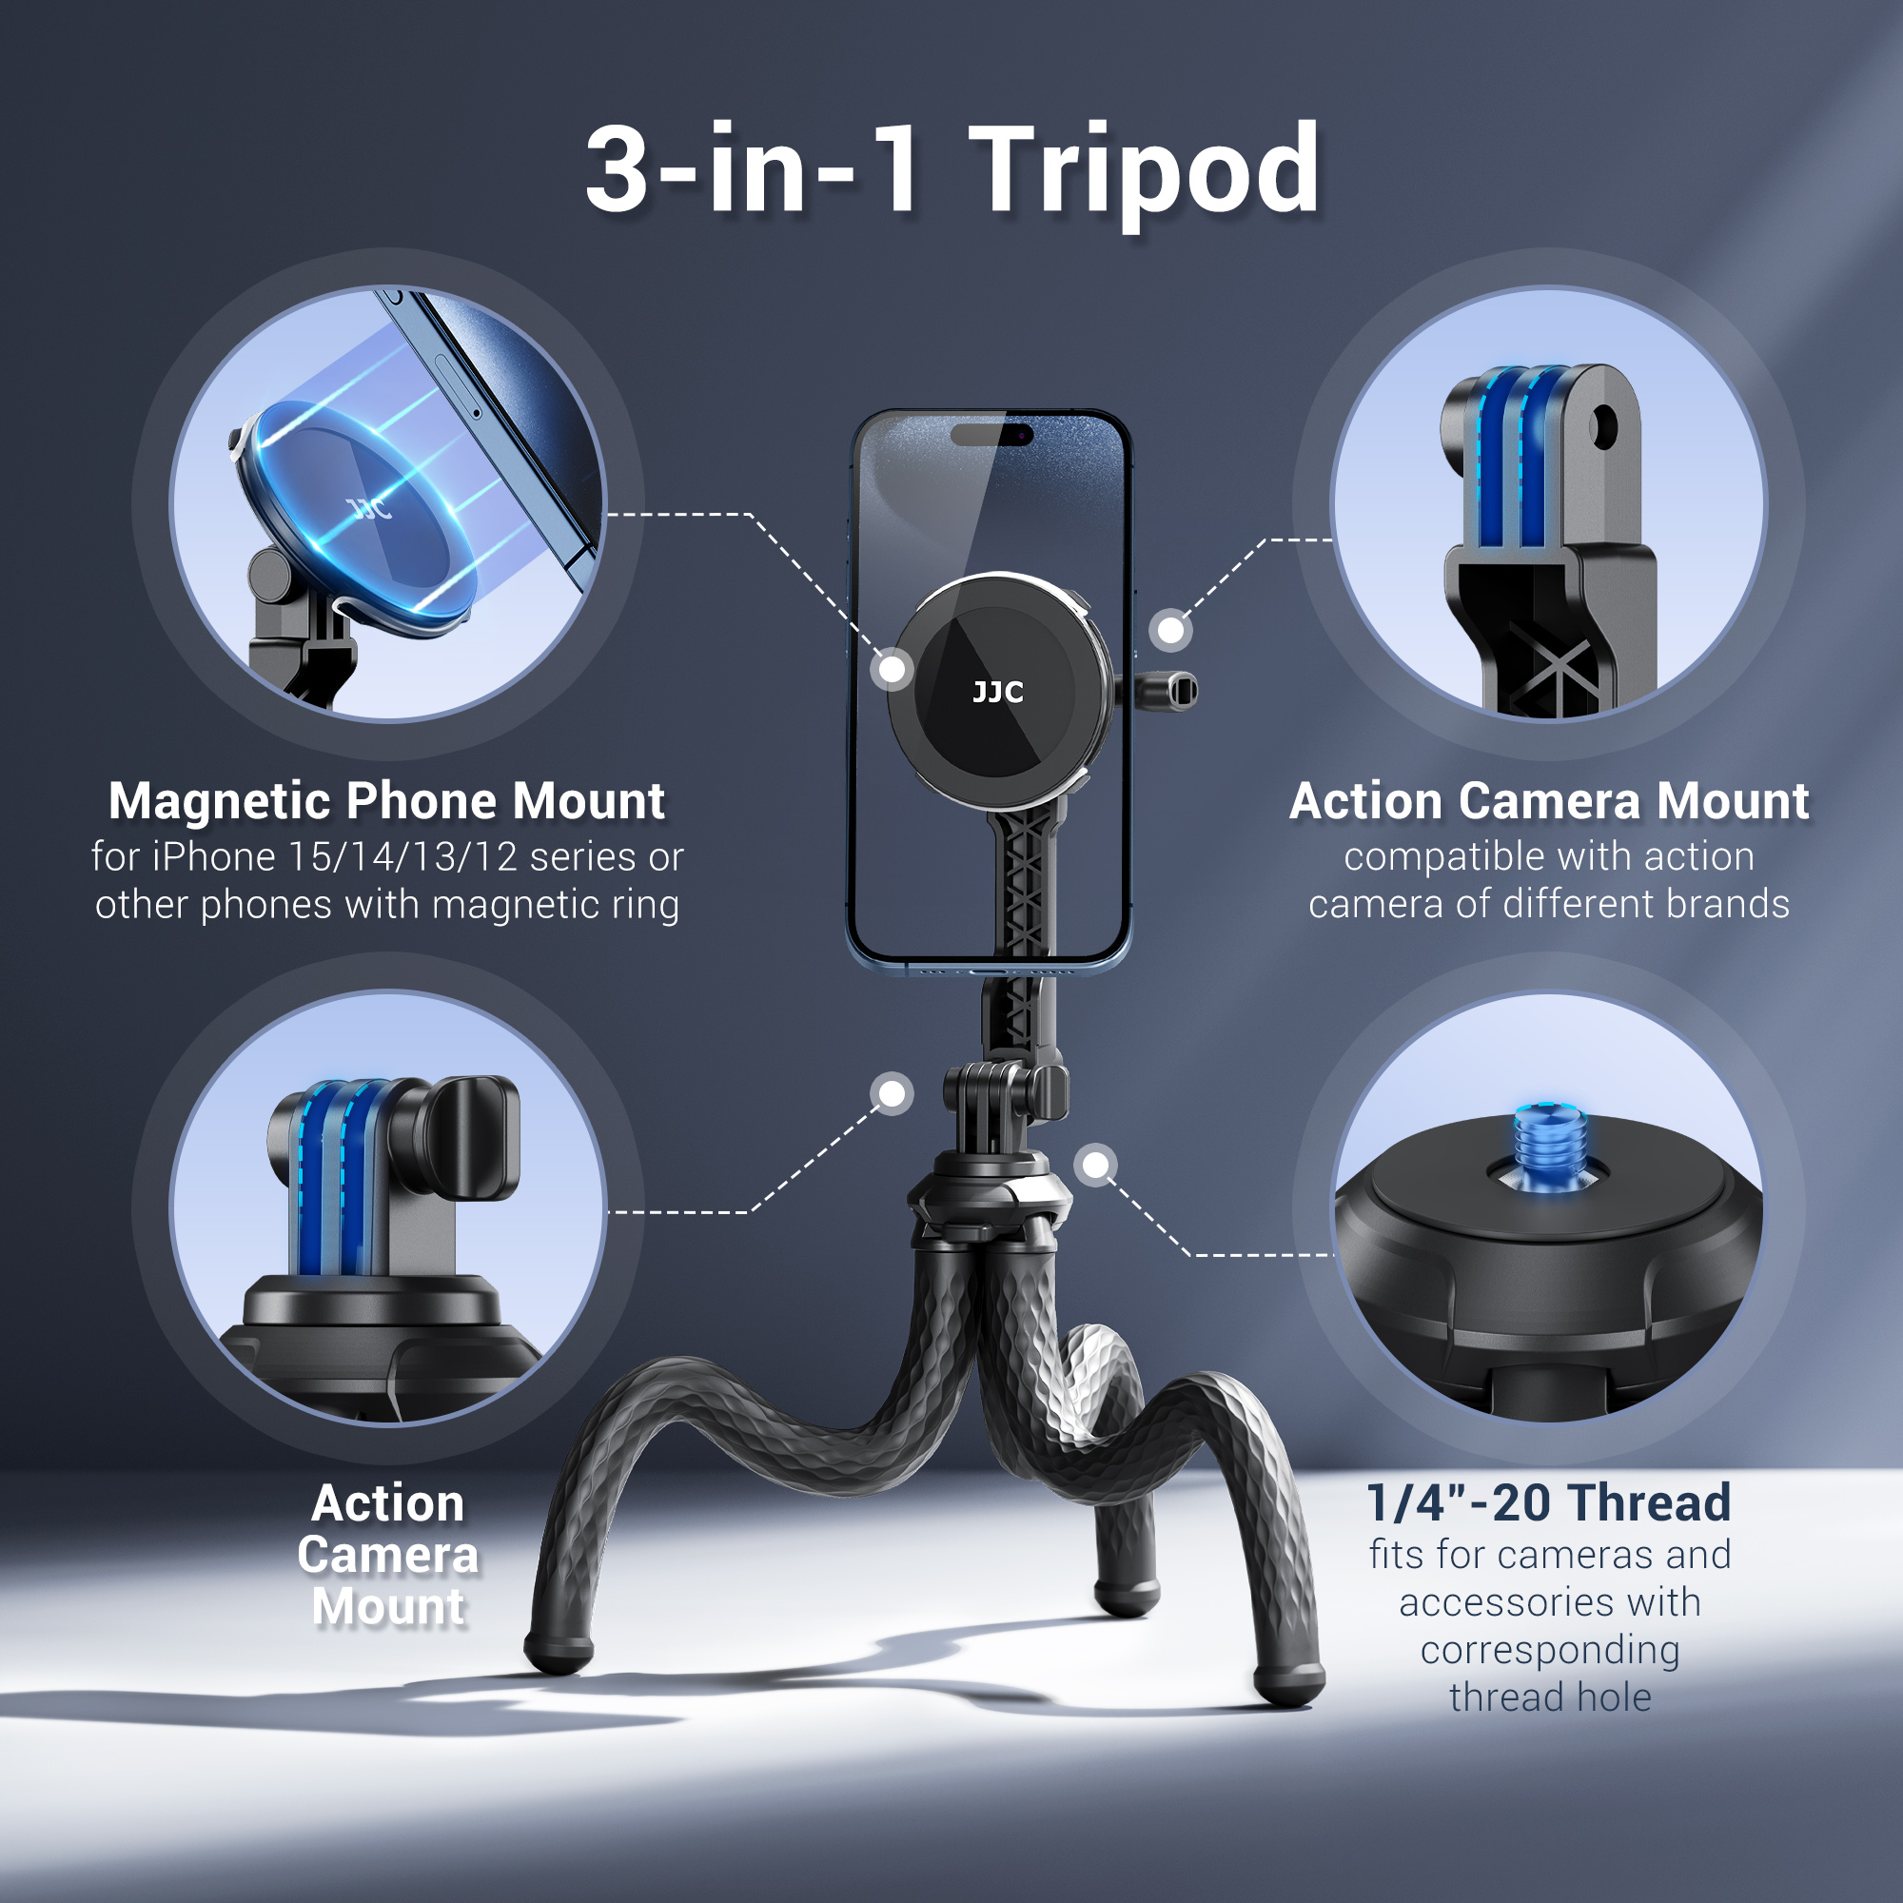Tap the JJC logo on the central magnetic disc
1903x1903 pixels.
997,693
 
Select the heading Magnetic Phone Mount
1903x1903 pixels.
386,801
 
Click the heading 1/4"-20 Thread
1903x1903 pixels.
1548,1503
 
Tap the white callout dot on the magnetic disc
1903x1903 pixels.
893,670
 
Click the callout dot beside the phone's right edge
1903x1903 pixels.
1170,629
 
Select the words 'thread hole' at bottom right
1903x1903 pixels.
1549,1697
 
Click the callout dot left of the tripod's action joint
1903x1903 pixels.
893,1094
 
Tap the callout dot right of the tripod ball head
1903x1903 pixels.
1095,1166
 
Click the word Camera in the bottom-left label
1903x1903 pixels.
388,1556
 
